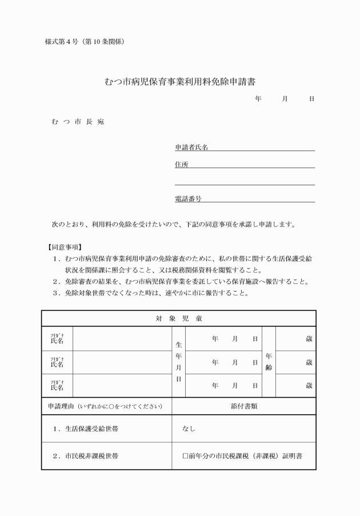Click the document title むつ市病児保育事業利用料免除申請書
[x=180, y=82]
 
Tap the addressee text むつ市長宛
[x=77, y=122]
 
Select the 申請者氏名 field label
[x=191, y=147]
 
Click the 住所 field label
[x=181, y=165]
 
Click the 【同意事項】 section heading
[x=64, y=247]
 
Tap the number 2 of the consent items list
[x=56, y=282]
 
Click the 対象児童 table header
[x=178, y=318]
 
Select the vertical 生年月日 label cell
[x=178, y=362]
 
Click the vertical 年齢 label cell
[x=269, y=362]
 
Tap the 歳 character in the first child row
[x=309, y=339]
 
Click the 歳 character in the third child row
[x=309, y=386]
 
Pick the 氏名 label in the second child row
[x=57, y=363]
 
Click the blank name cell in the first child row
[x=122, y=339]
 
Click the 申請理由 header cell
[x=106, y=406]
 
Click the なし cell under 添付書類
[x=189, y=428]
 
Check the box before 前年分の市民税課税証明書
[x=185, y=456]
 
